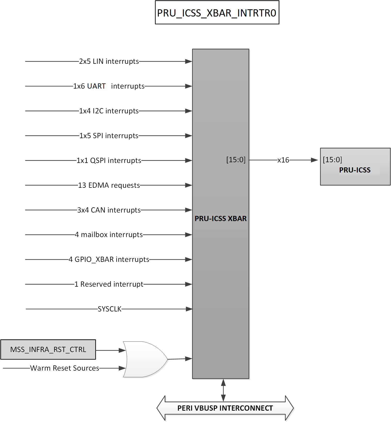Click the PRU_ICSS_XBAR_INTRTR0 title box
(x=217, y=13)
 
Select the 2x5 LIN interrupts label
(x=109, y=61)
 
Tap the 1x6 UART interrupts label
(x=109, y=86)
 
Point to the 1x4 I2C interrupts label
(x=109, y=111)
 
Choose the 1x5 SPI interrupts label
(x=109, y=136)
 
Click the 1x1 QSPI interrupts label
(x=109, y=161)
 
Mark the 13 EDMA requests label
(x=109, y=185)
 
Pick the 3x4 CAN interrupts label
(x=109, y=210)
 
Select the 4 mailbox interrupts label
(x=109, y=235)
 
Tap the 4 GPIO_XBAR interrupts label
(x=109, y=260)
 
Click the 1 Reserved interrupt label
(x=109, y=284)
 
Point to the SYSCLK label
(x=109, y=309)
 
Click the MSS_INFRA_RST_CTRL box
(x=48, y=349)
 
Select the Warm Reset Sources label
(x=65, y=368)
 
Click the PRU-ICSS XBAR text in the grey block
(x=221, y=219)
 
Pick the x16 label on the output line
(x=283, y=160)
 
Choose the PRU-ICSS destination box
(x=355, y=167)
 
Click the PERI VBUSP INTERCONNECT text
(x=225, y=408)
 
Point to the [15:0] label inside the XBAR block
(x=236, y=160)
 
